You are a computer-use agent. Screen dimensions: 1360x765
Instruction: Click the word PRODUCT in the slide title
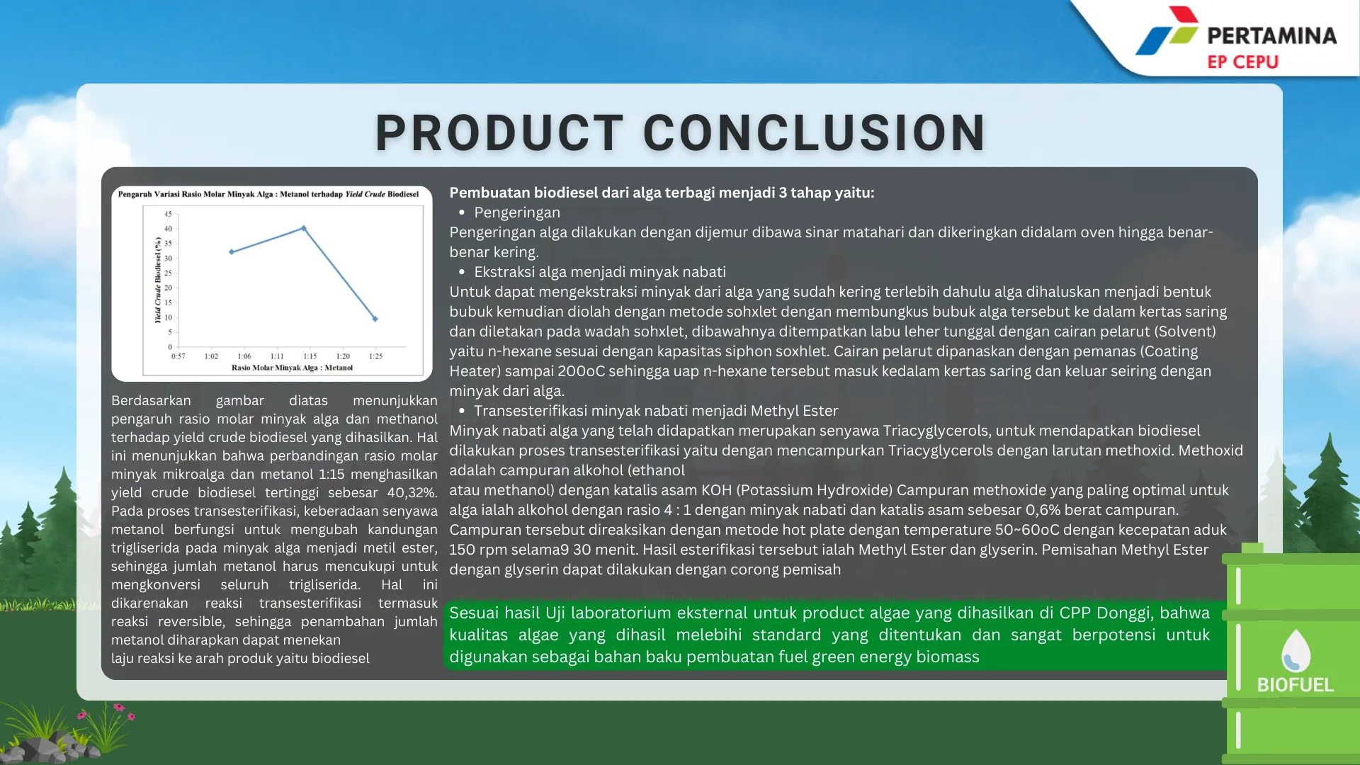click(x=499, y=132)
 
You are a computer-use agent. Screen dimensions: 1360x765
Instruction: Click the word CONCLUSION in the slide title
click(x=814, y=132)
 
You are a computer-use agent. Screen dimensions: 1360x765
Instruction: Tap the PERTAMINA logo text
click(x=1271, y=35)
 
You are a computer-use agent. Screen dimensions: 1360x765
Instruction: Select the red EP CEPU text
click(x=1242, y=62)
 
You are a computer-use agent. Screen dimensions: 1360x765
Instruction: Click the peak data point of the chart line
click(x=304, y=228)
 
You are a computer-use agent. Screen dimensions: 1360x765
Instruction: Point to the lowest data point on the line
click(x=375, y=319)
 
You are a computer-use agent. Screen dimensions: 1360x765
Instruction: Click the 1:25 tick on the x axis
click(x=376, y=356)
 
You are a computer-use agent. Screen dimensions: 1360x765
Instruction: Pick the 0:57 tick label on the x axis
click(x=178, y=356)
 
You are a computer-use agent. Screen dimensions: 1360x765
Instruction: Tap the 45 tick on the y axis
click(x=168, y=214)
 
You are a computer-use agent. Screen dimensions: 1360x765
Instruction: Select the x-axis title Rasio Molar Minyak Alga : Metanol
click(x=292, y=368)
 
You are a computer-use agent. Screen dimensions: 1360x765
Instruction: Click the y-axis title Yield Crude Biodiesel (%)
click(x=158, y=280)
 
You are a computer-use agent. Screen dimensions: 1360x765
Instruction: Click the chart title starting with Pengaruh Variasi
click(x=268, y=194)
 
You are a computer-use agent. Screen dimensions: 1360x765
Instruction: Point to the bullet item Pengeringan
click(x=517, y=212)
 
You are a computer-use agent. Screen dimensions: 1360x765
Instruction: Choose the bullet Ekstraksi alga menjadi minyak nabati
click(x=600, y=272)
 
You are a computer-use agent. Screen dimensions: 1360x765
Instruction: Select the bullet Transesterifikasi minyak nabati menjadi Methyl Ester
click(x=656, y=411)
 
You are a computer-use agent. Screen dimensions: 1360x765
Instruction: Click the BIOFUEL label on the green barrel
click(x=1296, y=685)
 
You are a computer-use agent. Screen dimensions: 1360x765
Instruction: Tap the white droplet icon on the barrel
click(x=1296, y=650)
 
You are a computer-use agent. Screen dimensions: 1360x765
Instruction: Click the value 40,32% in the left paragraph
click(x=412, y=493)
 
